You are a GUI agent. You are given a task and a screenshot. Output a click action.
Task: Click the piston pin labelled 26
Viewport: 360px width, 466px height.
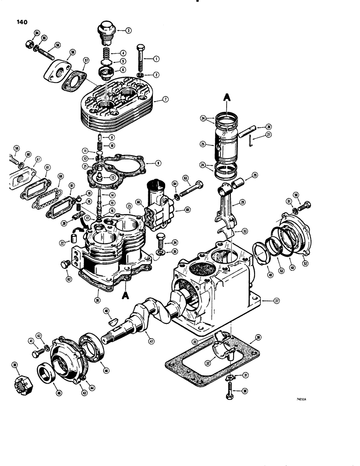249,129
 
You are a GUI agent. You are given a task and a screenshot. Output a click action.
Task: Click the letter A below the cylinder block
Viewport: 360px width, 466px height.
124,296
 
